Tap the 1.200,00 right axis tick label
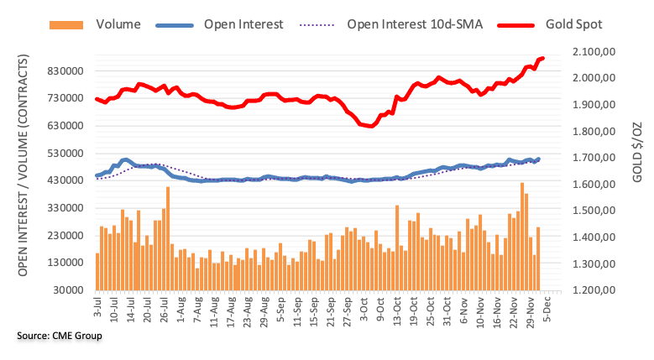click(594, 290)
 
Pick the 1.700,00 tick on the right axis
click(594, 158)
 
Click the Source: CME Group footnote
click(59, 336)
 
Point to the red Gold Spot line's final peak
click(542, 58)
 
